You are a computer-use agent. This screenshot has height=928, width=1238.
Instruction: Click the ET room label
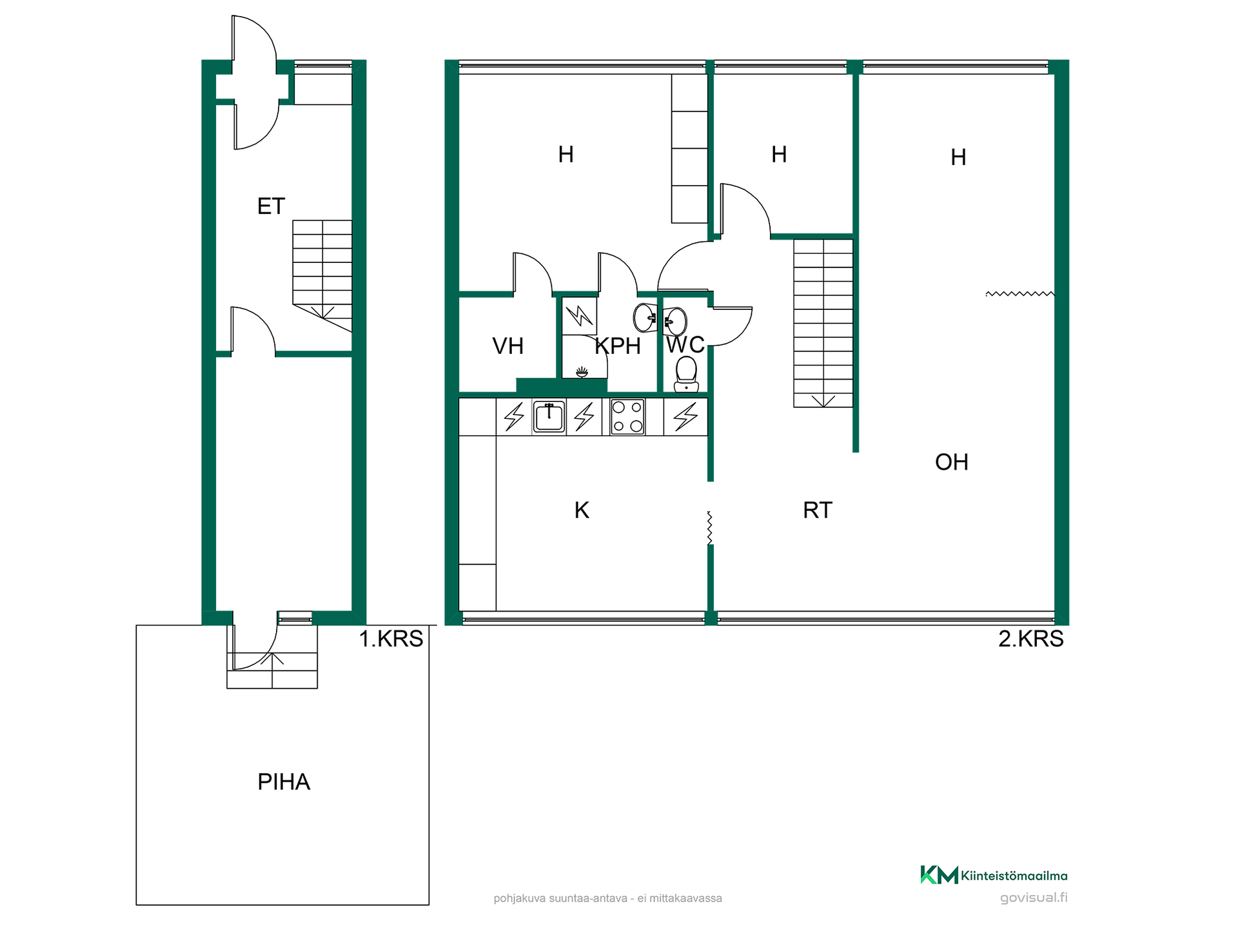(271, 206)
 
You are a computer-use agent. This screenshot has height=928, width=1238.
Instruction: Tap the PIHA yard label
(284, 782)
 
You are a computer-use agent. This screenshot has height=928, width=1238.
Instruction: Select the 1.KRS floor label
(391, 639)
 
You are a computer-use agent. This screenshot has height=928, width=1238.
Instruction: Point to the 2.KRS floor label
(1030, 639)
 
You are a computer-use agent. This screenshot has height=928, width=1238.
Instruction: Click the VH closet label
(507, 346)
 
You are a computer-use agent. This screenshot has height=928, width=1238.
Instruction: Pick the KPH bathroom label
(618, 346)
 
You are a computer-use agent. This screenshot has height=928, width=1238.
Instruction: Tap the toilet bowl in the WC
(686, 374)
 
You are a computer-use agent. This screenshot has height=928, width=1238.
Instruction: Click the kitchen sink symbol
(549, 416)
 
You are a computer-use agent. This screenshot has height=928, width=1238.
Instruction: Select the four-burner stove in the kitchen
(627, 416)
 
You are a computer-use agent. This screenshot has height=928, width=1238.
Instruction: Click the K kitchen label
(582, 510)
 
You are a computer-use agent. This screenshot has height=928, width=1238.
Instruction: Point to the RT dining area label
(818, 510)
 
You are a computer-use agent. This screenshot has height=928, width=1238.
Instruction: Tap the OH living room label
(952, 462)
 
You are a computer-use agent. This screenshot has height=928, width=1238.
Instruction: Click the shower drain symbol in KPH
(582, 372)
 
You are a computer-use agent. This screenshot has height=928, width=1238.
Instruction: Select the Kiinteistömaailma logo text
(1014, 876)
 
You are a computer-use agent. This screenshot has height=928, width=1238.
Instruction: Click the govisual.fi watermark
(1034, 898)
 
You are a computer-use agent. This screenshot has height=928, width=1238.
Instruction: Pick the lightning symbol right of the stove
(685, 416)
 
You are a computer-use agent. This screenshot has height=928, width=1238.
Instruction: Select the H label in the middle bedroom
(779, 155)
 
